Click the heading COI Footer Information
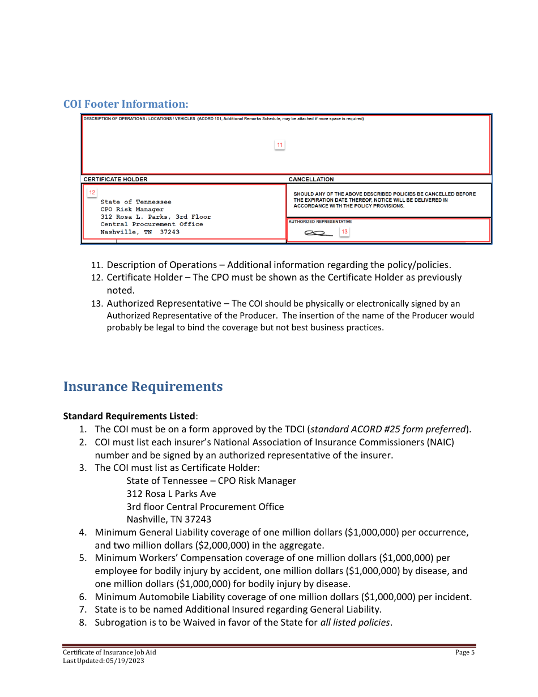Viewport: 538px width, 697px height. point(125,104)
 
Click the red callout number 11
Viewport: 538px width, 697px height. point(279,145)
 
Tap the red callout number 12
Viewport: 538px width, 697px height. point(92,193)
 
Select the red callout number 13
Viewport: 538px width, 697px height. point(344,232)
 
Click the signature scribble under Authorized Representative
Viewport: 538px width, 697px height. point(315,233)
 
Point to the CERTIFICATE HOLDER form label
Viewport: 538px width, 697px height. point(116,179)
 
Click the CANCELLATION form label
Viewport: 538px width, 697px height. point(311,179)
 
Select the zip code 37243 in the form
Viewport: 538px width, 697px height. point(169,232)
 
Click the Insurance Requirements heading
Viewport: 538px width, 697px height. point(143,386)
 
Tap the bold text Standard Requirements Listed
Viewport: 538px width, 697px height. point(129,416)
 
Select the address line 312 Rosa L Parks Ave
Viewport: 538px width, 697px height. point(171,494)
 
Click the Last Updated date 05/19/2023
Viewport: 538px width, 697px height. point(125,661)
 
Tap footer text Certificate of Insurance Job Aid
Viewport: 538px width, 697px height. point(109,652)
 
